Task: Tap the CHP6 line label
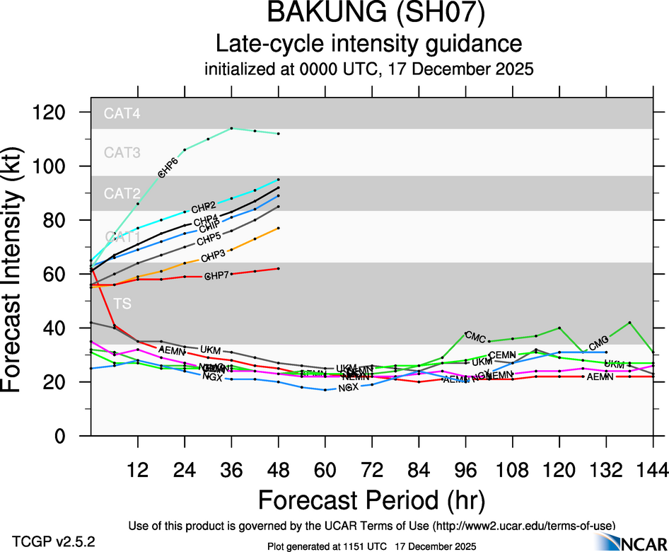pos(167,168)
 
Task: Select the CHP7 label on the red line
pos(216,276)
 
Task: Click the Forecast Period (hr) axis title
pos(371,500)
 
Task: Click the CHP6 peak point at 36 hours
pos(232,128)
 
